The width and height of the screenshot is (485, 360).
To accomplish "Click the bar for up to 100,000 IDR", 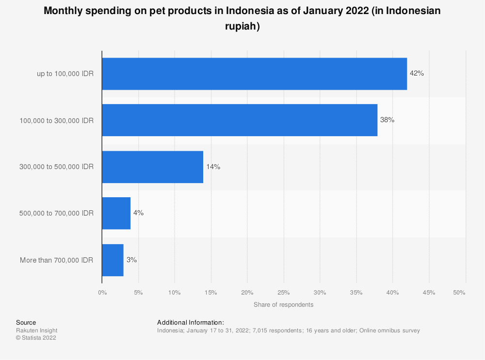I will click(x=254, y=74).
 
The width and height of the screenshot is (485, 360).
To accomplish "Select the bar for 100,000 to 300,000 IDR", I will click(x=240, y=120).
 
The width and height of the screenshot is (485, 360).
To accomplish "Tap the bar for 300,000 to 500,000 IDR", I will click(x=152, y=167).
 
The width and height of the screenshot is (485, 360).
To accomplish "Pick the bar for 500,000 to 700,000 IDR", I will click(x=116, y=213).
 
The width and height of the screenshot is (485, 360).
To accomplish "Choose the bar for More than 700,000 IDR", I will click(x=113, y=260).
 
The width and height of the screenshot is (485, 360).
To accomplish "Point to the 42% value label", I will click(x=417, y=74).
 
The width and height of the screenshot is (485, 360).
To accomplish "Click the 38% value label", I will click(x=387, y=120).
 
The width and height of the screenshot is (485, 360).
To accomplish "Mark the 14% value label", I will click(x=213, y=167).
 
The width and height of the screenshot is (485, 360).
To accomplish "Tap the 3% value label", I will click(x=131, y=260).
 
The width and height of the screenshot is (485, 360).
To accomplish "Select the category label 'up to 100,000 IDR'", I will click(x=65, y=74).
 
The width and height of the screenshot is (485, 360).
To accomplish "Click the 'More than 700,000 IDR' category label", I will click(x=57, y=260).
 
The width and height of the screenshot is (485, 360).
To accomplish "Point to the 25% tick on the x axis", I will click(x=284, y=293).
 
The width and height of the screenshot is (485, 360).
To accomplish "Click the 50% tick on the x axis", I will click(x=459, y=293).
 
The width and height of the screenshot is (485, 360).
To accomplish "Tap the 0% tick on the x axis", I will click(x=102, y=293).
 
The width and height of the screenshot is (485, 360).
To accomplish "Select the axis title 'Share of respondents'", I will click(x=283, y=305).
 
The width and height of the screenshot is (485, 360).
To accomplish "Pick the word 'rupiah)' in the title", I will click(x=242, y=27).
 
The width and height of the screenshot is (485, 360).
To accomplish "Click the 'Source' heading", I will click(x=26, y=322).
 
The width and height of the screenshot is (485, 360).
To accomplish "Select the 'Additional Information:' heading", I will click(x=191, y=322).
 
